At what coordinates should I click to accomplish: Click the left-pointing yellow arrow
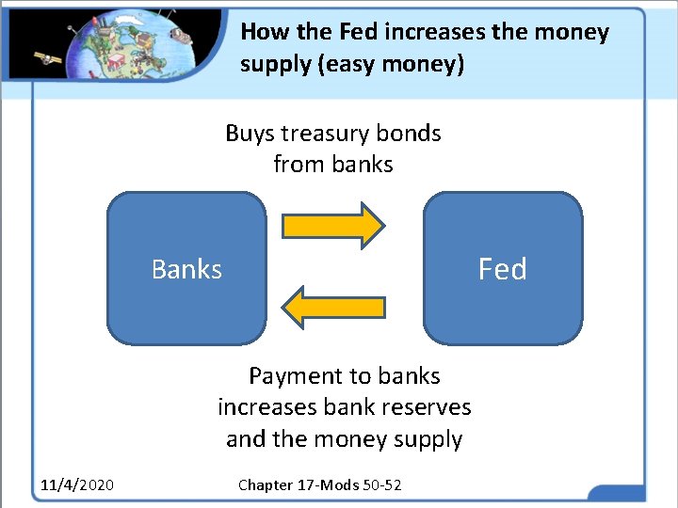point(332,307)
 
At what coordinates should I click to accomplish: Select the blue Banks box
point(186,269)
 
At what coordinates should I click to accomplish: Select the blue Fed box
point(503,269)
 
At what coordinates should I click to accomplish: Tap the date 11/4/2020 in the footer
point(77,484)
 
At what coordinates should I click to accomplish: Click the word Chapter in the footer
point(265,484)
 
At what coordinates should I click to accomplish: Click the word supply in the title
point(269,64)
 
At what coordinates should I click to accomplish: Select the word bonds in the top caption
point(414,134)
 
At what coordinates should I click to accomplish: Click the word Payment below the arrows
point(296,376)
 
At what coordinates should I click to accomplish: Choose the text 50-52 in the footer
point(382,484)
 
